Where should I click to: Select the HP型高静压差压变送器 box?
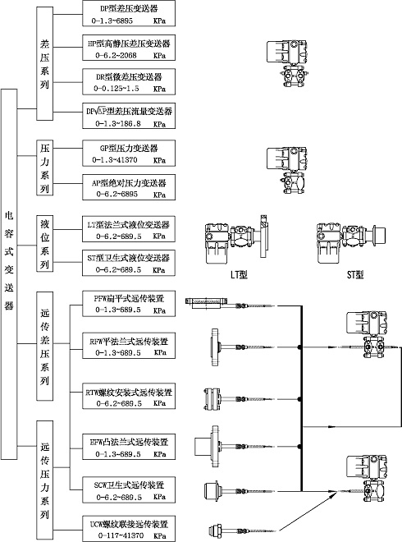(x=129, y=47)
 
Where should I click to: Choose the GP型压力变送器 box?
(x=129, y=153)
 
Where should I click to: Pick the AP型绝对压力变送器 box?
(x=129, y=188)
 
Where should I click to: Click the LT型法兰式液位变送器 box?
(x=129, y=228)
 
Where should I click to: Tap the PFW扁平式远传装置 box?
(x=129, y=304)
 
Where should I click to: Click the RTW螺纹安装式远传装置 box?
(x=129, y=398)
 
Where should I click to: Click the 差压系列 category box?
(x=45, y=62)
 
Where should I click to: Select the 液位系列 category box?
(x=45, y=243)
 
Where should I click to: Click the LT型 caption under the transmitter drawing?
(x=231, y=274)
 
